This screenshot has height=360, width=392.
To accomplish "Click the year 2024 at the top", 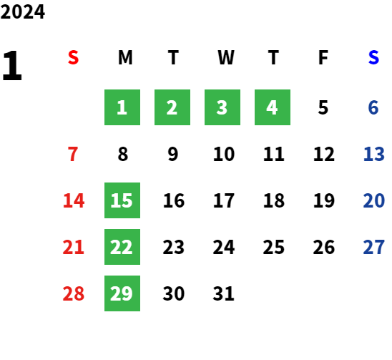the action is [x=22, y=11].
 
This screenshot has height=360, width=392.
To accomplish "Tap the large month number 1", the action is [x=12, y=65].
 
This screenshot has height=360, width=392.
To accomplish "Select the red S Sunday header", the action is [x=73, y=57].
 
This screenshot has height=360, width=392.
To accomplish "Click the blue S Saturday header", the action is [x=373, y=57].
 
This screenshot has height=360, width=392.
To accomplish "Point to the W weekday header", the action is [x=226, y=57].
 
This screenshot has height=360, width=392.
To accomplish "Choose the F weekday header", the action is [x=323, y=57].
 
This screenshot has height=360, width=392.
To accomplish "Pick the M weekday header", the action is [x=125, y=57].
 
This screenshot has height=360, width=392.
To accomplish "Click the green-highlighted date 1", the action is [x=122, y=107].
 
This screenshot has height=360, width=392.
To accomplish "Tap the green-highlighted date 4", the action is [x=273, y=107].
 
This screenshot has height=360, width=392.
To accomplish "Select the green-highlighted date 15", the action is [x=122, y=200].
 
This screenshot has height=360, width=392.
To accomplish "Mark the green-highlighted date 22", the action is [x=122, y=247].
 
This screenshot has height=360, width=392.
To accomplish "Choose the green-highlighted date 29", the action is [x=122, y=293].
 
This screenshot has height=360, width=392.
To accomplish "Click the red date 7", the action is [x=73, y=154].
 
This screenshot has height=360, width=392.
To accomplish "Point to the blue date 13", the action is [x=373, y=154].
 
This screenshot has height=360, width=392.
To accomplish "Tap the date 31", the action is [x=223, y=293].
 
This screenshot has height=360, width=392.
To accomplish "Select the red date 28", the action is [x=73, y=293].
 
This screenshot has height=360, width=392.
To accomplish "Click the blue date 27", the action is [x=373, y=247].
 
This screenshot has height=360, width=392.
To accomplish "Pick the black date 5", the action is [x=323, y=107].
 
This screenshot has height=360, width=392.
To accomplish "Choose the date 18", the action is [x=274, y=200].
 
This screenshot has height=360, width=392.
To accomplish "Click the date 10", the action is [x=224, y=154].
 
